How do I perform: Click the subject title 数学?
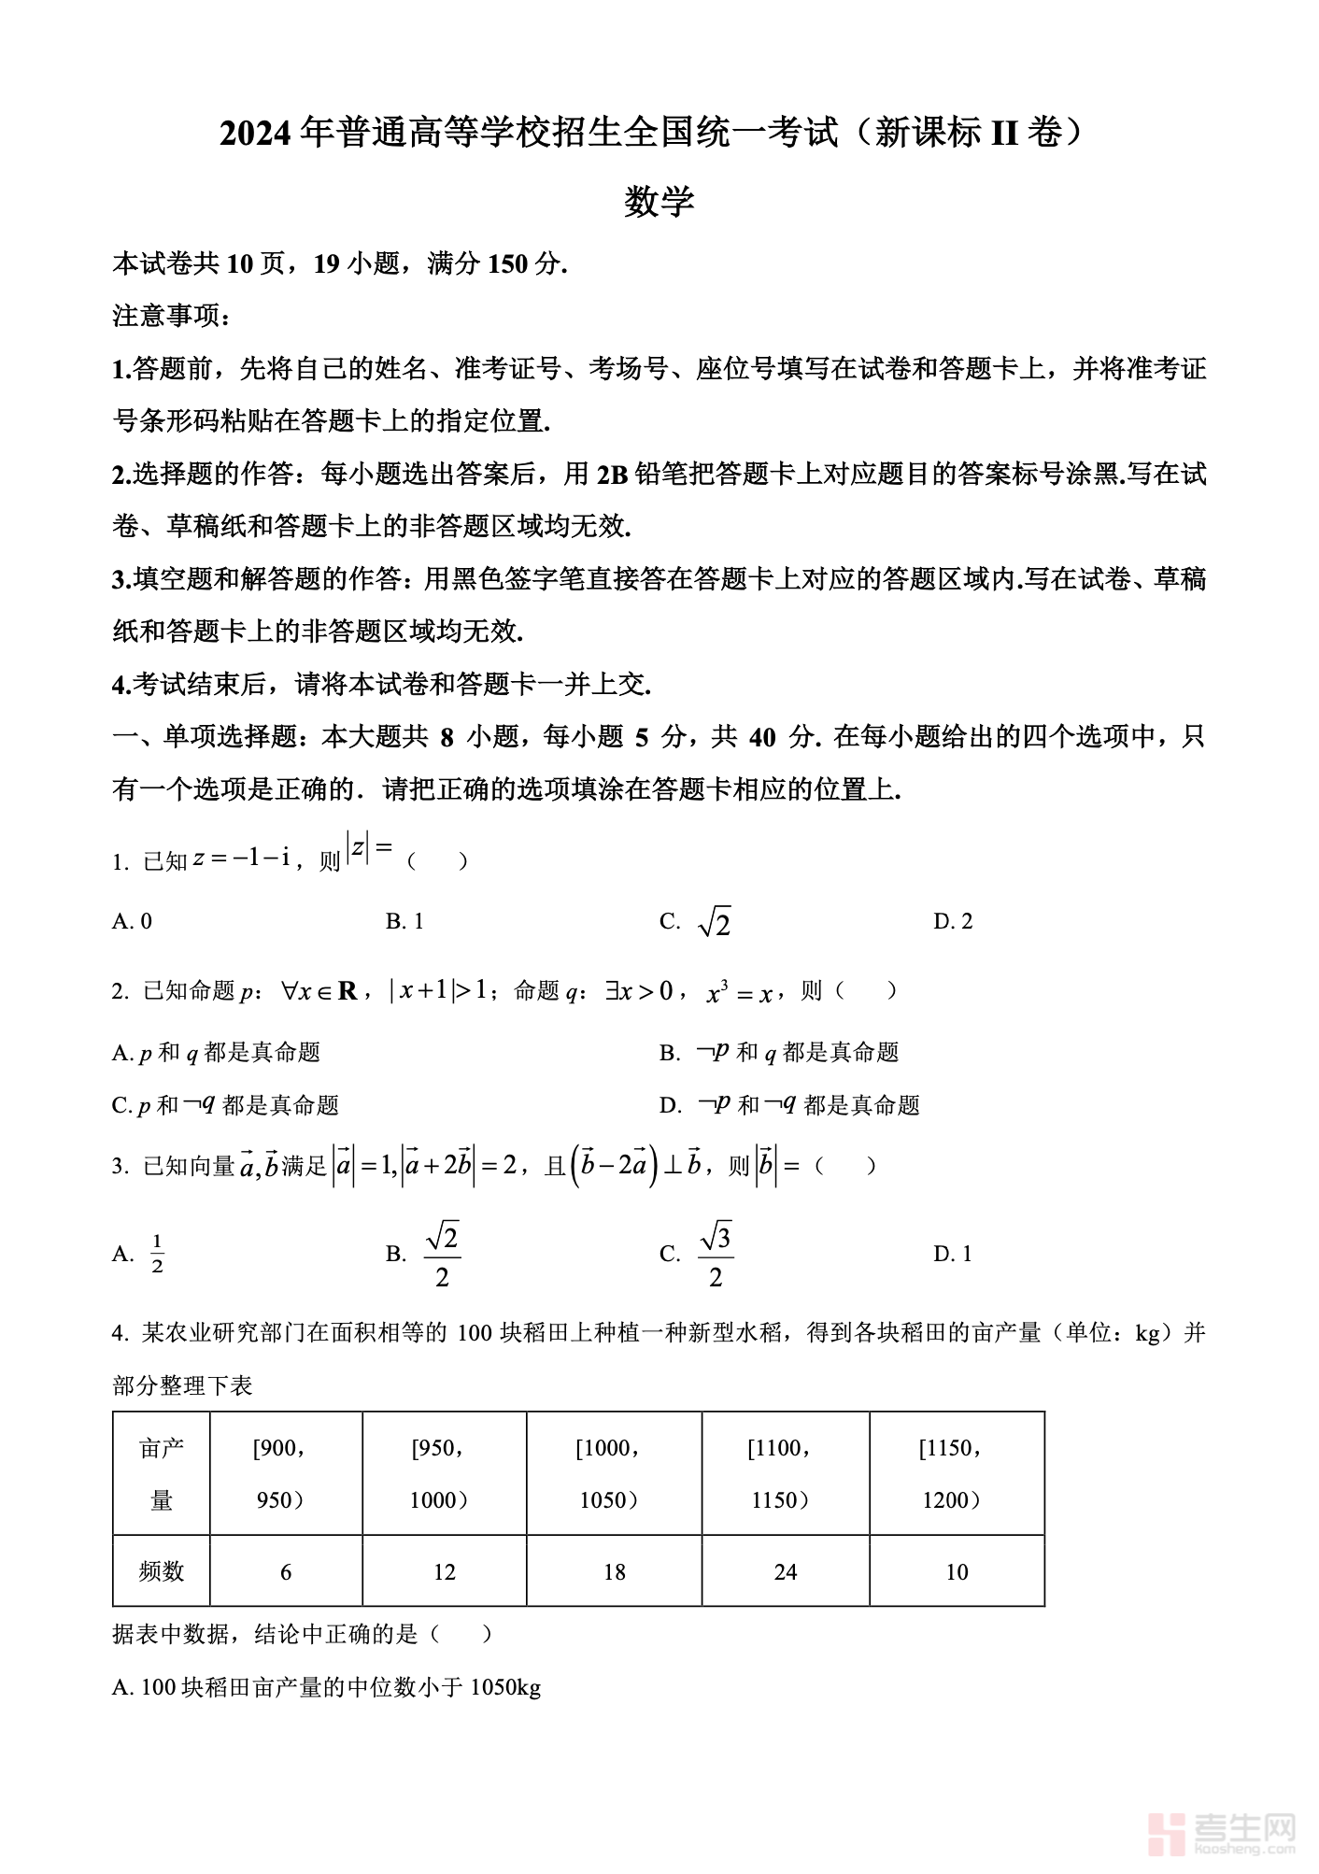pos(659,202)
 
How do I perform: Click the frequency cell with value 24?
pos(786,1572)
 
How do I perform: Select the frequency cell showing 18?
pos(614,1572)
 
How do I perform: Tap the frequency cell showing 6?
pos(286,1572)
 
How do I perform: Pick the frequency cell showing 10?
pos(957,1572)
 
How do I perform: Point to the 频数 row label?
pos(162,1572)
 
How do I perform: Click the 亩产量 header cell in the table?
pos(162,1473)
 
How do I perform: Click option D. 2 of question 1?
pos(953,922)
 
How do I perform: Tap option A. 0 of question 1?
pos(132,922)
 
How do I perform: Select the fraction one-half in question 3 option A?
pos(157,1254)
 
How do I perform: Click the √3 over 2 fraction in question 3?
pos(716,1255)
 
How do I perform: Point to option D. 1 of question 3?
pos(953,1254)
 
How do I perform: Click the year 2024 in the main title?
pos(257,135)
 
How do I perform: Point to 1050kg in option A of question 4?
pos(505,1687)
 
